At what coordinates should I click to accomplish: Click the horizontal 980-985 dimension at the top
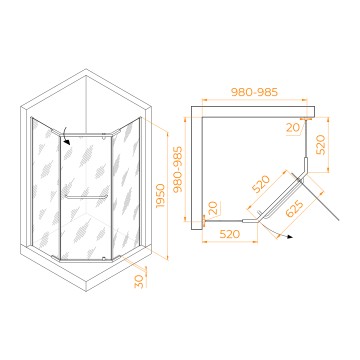coord(255,92)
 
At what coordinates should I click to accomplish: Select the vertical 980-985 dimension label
coord(178,169)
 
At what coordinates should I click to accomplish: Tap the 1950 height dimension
coord(161,196)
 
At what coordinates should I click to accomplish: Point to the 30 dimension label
coord(139,282)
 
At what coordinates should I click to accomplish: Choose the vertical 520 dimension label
coord(321,145)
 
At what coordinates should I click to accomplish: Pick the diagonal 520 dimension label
coord(261,184)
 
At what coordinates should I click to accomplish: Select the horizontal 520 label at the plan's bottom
coord(230,234)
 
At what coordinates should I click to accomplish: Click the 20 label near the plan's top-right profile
coord(293,128)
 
